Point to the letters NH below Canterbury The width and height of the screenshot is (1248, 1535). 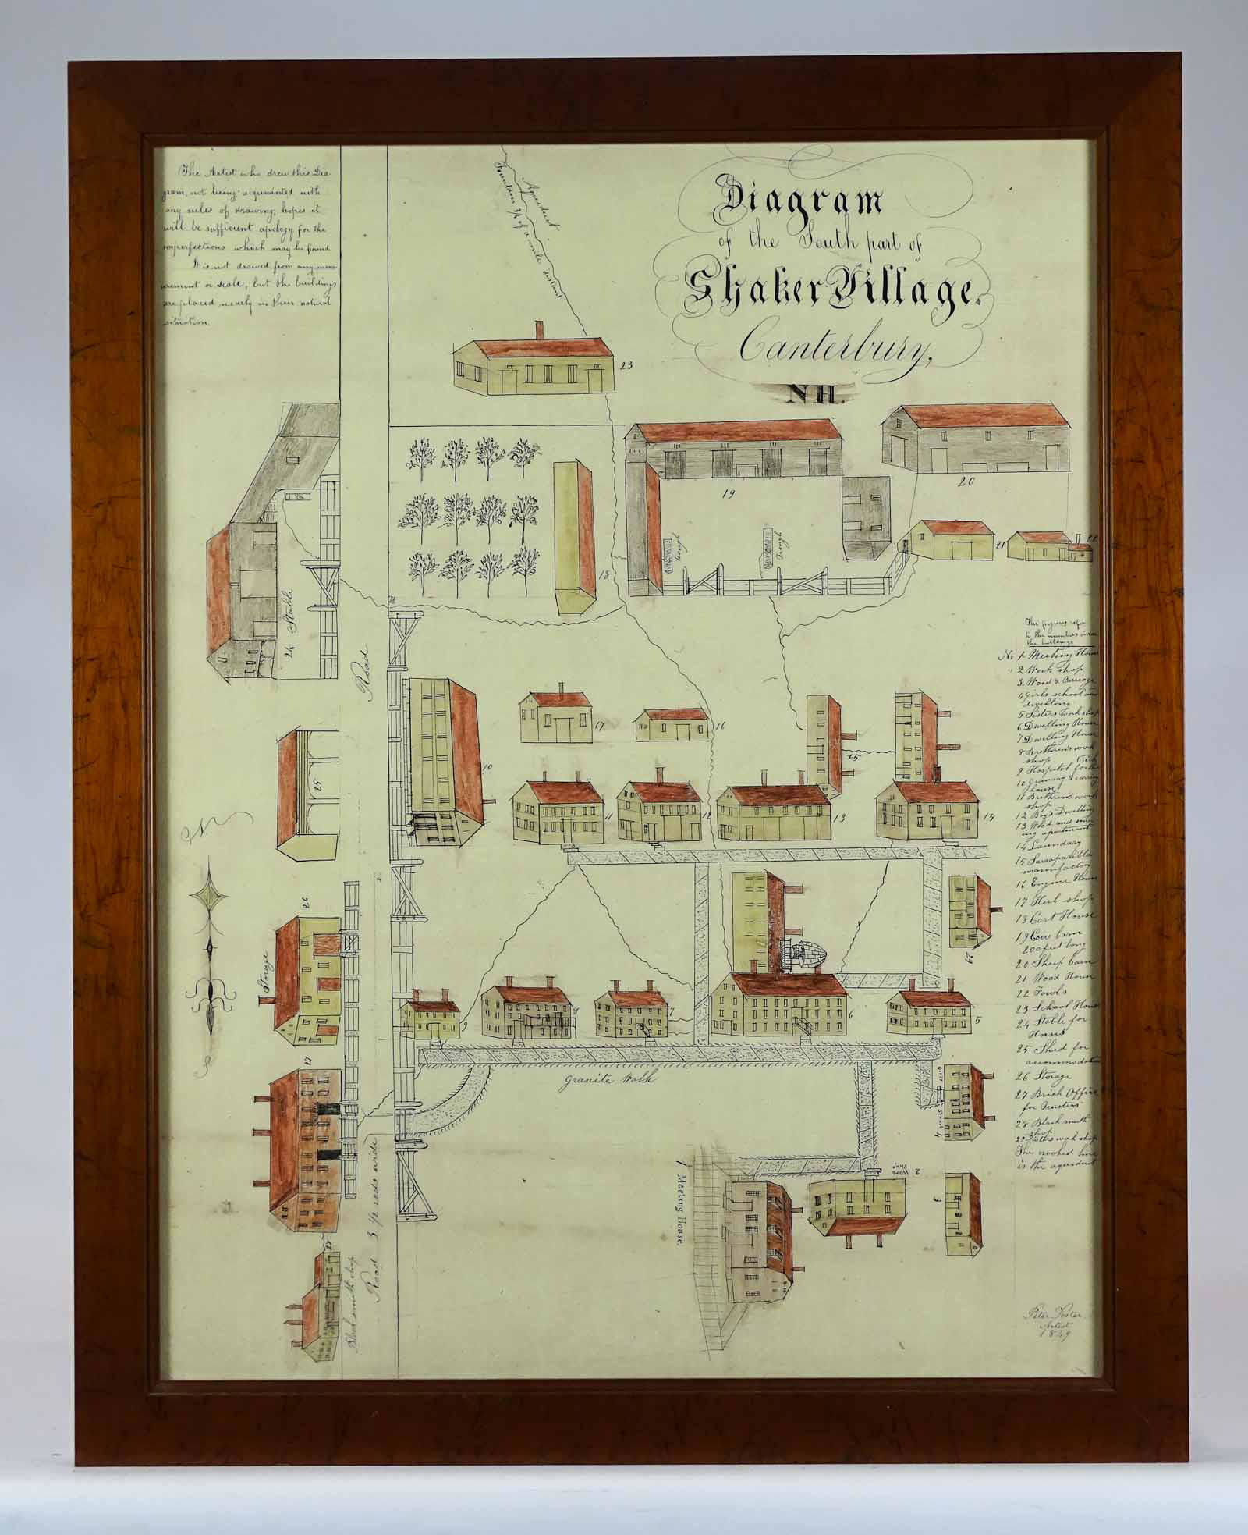[814, 394]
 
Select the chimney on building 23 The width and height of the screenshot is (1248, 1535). [538, 329]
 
